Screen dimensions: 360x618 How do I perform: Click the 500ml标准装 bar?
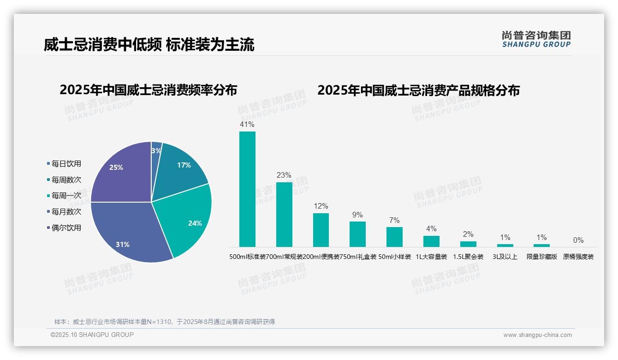coord(247,189)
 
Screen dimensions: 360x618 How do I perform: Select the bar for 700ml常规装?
coord(284,215)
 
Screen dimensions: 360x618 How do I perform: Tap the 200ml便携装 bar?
coord(321,230)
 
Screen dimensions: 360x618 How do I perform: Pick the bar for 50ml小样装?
coord(394,237)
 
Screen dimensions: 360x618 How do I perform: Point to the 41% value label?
coord(247,125)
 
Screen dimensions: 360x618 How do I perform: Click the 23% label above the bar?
coord(284,175)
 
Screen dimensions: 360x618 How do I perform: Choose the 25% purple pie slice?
coord(120,173)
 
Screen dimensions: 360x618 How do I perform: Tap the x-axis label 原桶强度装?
coord(578,257)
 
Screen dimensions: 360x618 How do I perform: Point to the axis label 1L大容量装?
coord(431,257)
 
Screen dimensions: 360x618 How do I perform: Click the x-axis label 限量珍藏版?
coord(542,257)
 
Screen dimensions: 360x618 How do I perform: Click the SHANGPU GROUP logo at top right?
coord(536,39)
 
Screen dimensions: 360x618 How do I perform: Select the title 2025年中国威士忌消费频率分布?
coord(148,90)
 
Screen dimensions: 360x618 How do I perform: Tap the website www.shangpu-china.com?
coord(537,335)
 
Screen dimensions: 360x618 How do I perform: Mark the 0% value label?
coord(578,240)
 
